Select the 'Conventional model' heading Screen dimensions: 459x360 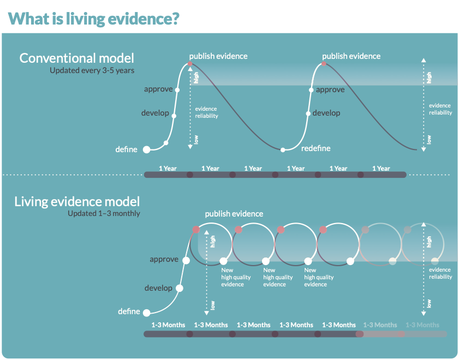pos(77,58)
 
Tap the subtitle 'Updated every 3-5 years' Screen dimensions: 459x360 pos(92,70)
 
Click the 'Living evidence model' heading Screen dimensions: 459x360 pos(77,201)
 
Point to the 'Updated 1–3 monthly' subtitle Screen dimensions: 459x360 pos(104,213)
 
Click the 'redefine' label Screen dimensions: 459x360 pos(316,148)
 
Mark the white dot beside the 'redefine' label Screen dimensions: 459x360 pos(283,150)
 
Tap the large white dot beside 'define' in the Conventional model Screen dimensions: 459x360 pos(147,150)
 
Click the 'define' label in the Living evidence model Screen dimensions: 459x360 pos(129,311)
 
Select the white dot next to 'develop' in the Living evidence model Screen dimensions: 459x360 pos(180,289)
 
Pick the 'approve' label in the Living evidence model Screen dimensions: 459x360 pos(164,260)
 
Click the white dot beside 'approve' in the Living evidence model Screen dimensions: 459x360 pos(186,261)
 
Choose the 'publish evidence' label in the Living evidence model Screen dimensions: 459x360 pos(234,214)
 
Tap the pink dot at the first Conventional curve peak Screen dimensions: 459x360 pos(190,64)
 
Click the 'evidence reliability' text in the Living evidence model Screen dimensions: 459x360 pos(440,273)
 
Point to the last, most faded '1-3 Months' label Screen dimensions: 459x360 pos(422,325)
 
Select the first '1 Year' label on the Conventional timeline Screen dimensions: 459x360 pos(168,169)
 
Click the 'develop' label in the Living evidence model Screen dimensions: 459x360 pos(158,288)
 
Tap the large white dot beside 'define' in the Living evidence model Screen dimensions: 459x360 pos(147,313)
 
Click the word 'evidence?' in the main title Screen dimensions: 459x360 pos(144,19)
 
